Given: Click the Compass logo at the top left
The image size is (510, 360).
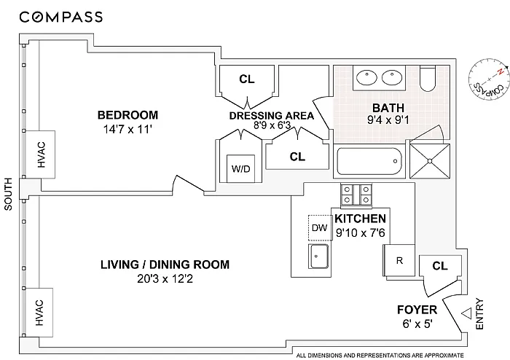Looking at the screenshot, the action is (x=61, y=17).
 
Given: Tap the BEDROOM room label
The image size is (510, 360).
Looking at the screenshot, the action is (x=127, y=115).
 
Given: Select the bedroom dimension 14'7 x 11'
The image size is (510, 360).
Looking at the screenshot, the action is (x=127, y=130).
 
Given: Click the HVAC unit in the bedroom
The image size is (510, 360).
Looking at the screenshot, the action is (x=41, y=154).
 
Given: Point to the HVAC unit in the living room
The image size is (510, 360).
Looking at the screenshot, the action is (x=39, y=313).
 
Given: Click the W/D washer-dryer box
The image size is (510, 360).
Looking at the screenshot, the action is (x=240, y=168).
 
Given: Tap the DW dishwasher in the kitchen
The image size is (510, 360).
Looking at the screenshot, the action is (x=319, y=227).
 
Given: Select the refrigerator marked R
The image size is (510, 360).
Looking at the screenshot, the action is (x=399, y=260).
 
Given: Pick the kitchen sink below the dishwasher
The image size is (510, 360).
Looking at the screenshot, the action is (x=318, y=257).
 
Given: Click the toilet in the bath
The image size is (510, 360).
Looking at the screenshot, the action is (x=428, y=79).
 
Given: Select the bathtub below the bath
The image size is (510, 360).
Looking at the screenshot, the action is (x=369, y=162).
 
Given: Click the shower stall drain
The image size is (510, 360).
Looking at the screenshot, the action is (x=430, y=161).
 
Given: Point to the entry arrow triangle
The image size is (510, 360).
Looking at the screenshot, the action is (x=466, y=313).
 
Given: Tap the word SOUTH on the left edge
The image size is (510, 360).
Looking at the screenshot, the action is (x=8, y=194).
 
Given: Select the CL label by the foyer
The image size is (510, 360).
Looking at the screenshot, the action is (x=440, y=266).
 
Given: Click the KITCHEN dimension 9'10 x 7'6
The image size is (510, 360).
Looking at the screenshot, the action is (x=361, y=233).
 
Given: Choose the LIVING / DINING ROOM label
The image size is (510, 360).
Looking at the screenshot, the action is (x=165, y=265).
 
